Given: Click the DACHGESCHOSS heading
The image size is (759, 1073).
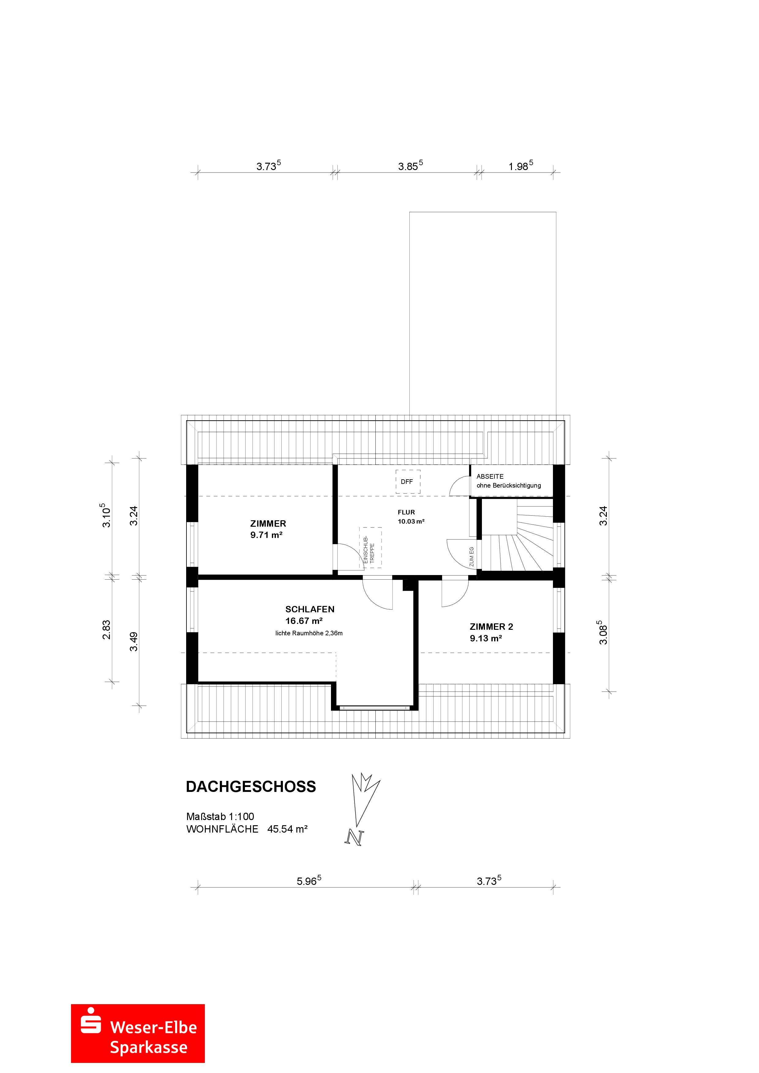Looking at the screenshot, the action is [251, 786].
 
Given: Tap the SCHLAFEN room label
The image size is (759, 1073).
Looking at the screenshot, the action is [310, 609].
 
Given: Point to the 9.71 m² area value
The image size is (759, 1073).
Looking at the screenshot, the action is [266, 535].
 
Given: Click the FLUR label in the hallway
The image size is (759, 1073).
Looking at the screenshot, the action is [406, 512].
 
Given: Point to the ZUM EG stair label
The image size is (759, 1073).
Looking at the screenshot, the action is [472, 557].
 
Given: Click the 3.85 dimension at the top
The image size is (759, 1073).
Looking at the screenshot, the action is [410, 166].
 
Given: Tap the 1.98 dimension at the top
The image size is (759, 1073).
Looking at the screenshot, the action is [520, 166].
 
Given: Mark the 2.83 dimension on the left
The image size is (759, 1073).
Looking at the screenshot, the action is [107, 629].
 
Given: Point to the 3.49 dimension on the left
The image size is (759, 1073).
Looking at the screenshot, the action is [134, 641].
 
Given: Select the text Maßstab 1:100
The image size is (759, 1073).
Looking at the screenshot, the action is [220, 816].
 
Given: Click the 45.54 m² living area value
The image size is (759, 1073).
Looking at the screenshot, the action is [287, 829].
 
